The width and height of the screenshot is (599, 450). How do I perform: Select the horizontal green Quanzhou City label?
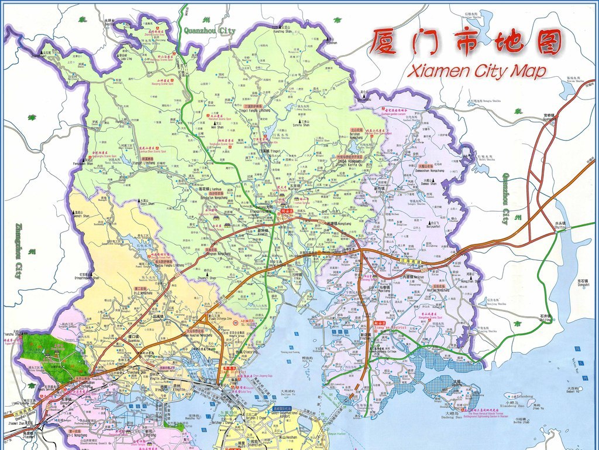209,30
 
